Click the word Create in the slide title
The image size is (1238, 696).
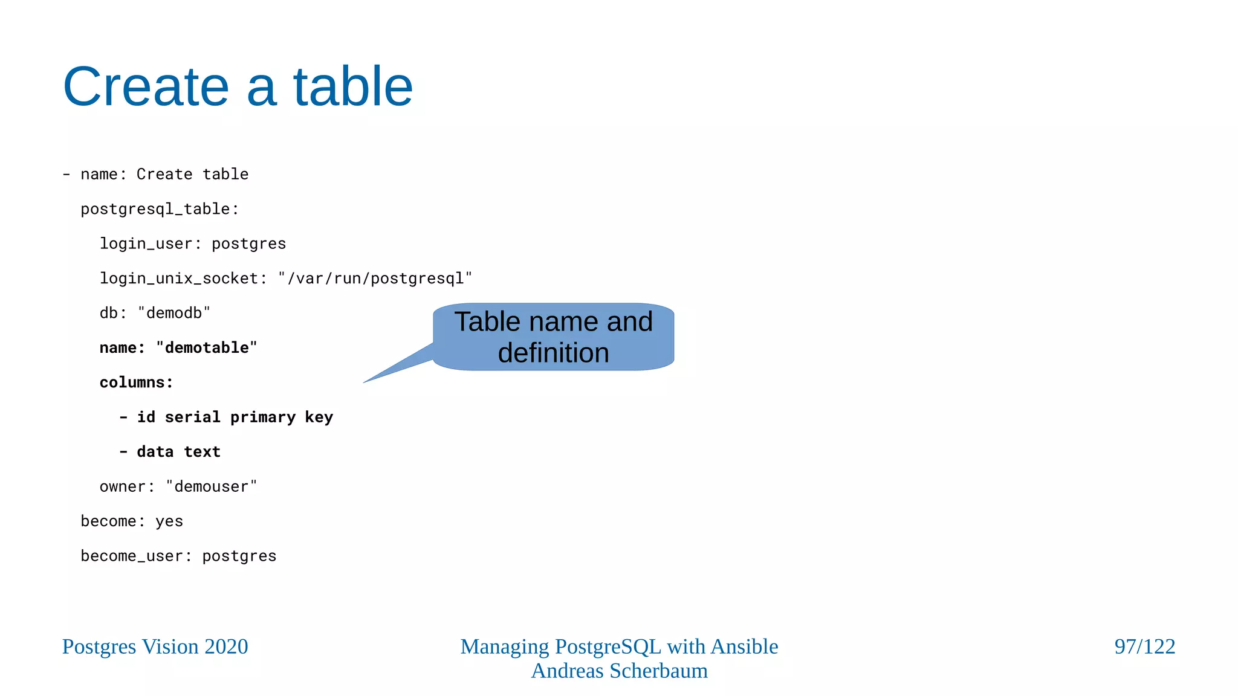[x=146, y=87]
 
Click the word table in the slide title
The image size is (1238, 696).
[x=352, y=87]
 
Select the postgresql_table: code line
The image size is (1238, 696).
[x=160, y=209]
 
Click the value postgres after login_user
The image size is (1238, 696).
[x=248, y=244]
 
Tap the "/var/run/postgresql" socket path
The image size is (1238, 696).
[x=375, y=279]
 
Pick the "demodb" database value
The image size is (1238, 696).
[x=174, y=313]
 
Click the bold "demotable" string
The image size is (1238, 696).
[x=206, y=348]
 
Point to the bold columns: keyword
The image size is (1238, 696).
[x=136, y=382]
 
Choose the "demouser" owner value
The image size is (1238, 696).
[x=211, y=487]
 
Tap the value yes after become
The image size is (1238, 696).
[x=169, y=521]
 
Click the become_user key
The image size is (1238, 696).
[x=131, y=556]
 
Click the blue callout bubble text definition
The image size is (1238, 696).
[x=553, y=353]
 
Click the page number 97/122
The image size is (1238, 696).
[x=1144, y=647]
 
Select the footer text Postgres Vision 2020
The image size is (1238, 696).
[x=155, y=647]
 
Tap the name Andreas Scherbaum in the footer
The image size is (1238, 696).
[x=619, y=671]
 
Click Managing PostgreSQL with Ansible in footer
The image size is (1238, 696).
[x=619, y=647]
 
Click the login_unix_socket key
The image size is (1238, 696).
[x=179, y=279]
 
